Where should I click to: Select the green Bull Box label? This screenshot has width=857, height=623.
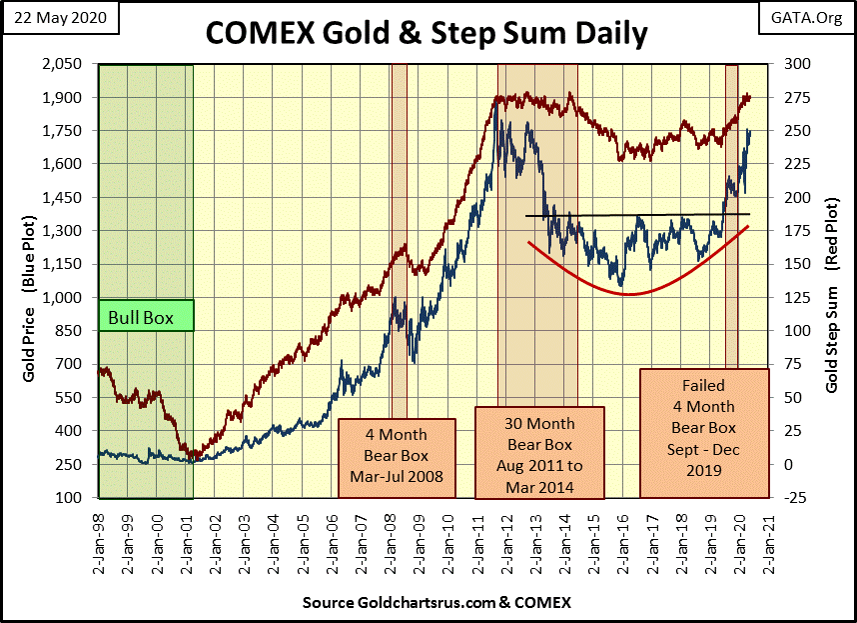pos(146,318)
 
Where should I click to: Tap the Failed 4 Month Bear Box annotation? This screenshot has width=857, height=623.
pos(704,432)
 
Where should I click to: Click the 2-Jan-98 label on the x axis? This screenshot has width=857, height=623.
pos(99,540)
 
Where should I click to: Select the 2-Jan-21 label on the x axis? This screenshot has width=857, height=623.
pos(767,540)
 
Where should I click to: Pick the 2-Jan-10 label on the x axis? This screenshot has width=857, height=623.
pos(447,540)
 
